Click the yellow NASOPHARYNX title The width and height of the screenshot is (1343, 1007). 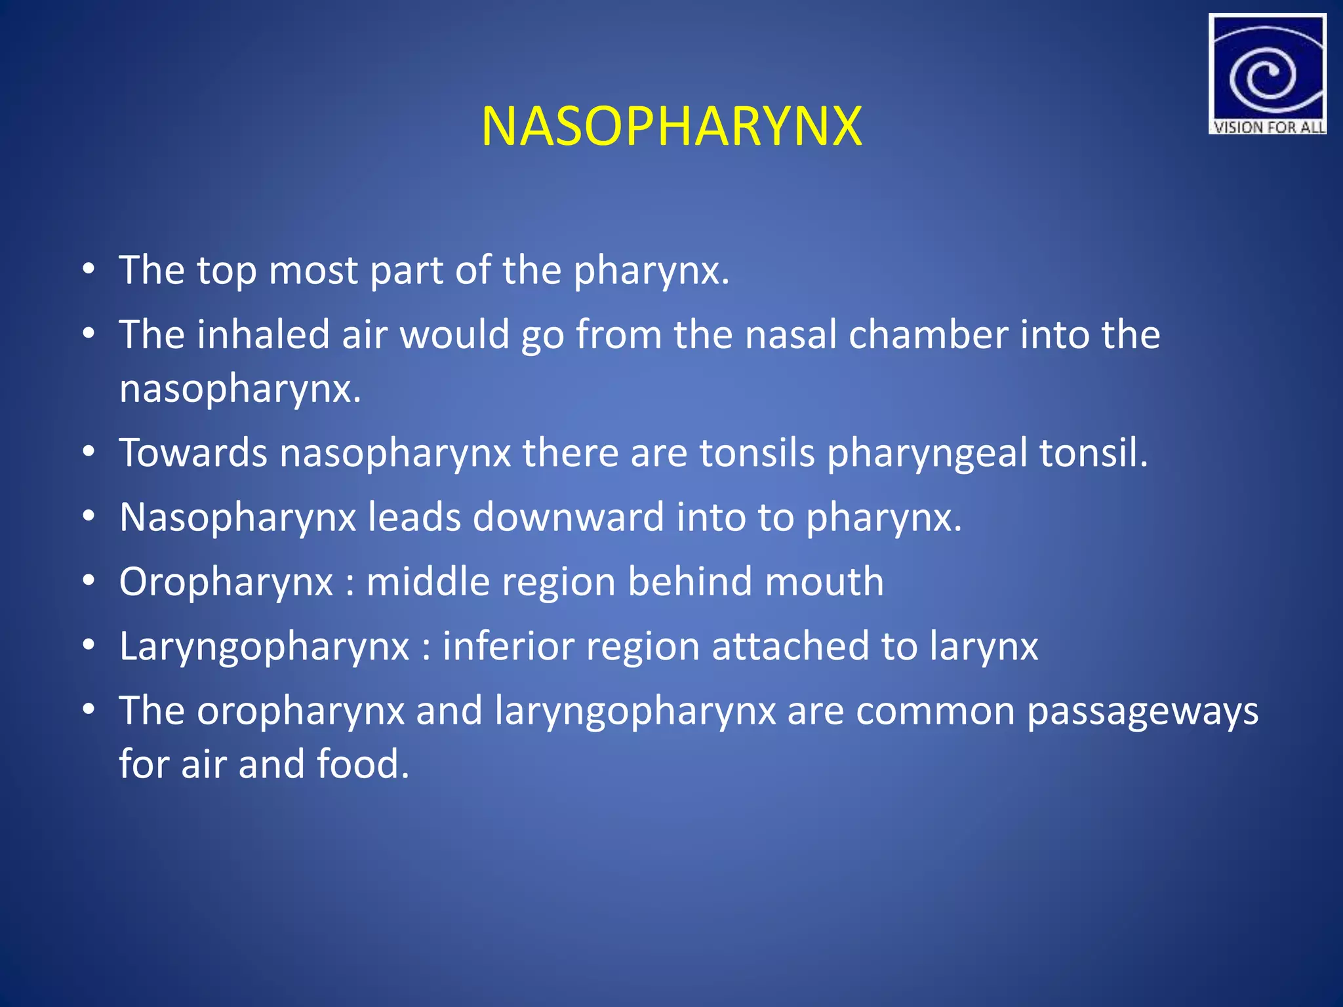671,126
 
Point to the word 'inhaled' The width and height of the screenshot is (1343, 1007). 263,334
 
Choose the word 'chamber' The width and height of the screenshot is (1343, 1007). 928,334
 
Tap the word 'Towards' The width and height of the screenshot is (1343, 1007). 193,452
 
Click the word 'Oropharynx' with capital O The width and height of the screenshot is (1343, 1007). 226,582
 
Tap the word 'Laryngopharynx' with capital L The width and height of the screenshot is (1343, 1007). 264,647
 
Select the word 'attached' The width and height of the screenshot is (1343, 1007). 790,646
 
